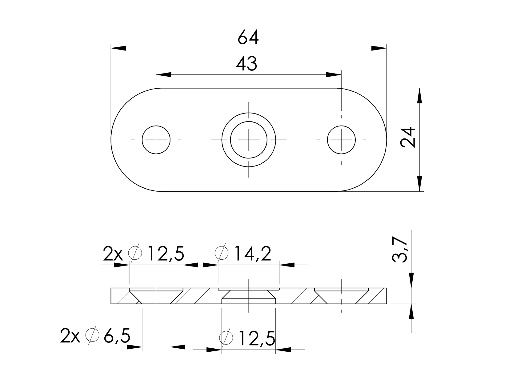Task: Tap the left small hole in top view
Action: (x=156, y=140)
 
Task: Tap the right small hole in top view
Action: (x=341, y=140)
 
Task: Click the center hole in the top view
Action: (x=249, y=140)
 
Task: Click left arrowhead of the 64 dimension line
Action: (x=118, y=48)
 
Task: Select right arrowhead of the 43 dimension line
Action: (x=334, y=74)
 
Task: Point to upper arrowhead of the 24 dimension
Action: (x=419, y=96)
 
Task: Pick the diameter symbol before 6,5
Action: (x=92, y=336)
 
